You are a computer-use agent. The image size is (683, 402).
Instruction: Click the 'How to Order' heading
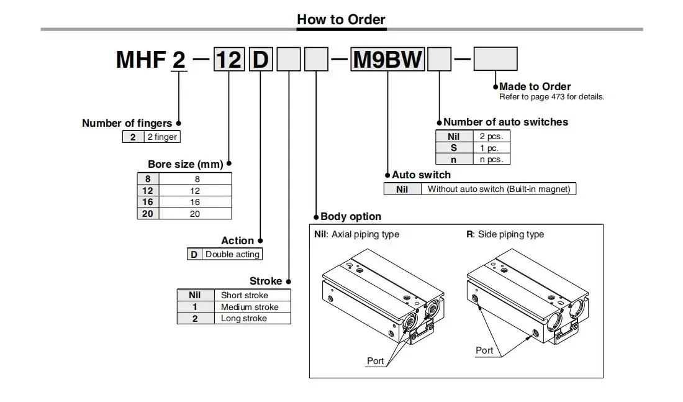click(341, 19)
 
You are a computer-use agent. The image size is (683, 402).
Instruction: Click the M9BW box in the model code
click(387, 59)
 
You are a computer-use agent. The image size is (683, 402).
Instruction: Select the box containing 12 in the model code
click(228, 59)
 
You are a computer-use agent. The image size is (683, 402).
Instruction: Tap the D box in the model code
click(261, 59)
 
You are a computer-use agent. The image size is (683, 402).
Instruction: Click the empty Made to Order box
click(495, 59)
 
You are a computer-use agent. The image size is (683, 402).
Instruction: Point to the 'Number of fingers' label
click(127, 123)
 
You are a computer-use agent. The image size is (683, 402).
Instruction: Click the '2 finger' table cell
click(162, 137)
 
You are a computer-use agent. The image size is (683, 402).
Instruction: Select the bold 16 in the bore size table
click(148, 202)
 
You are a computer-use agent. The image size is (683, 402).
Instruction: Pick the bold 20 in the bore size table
click(148, 214)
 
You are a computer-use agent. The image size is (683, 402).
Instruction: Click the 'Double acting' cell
click(232, 254)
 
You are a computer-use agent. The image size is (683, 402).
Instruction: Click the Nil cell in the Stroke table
click(196, 295)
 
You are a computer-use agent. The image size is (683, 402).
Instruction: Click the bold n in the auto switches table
click(454, 160)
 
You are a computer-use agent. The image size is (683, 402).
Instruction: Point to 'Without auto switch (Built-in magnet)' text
click(499, 189)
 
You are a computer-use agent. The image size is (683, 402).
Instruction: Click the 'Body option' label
click(351, 216)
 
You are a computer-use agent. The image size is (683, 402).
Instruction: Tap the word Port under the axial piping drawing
click(375, 361)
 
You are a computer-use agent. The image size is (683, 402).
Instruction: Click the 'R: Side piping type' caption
click(505, 234)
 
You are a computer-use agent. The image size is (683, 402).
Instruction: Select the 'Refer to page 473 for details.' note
click(551, 97)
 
